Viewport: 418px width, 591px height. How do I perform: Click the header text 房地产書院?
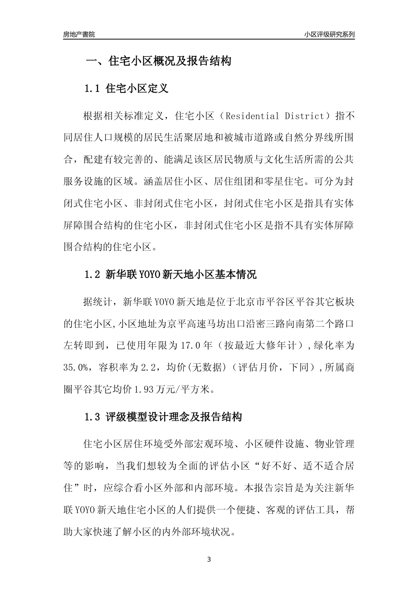(x=79, y=34)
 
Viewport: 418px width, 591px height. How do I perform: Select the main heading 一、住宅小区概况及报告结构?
(x=158, y=61)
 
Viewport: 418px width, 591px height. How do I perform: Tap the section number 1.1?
(x=93, y=88)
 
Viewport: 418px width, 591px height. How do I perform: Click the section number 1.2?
(x=93, y=275)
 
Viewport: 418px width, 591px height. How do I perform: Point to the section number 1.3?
(x=93, y=417)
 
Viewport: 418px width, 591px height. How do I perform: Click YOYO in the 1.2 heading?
(x=150, y=275)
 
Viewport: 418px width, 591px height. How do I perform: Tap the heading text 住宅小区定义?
(x=137, y=88)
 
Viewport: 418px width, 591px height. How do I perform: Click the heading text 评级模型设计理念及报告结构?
(x=174, y=417)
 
